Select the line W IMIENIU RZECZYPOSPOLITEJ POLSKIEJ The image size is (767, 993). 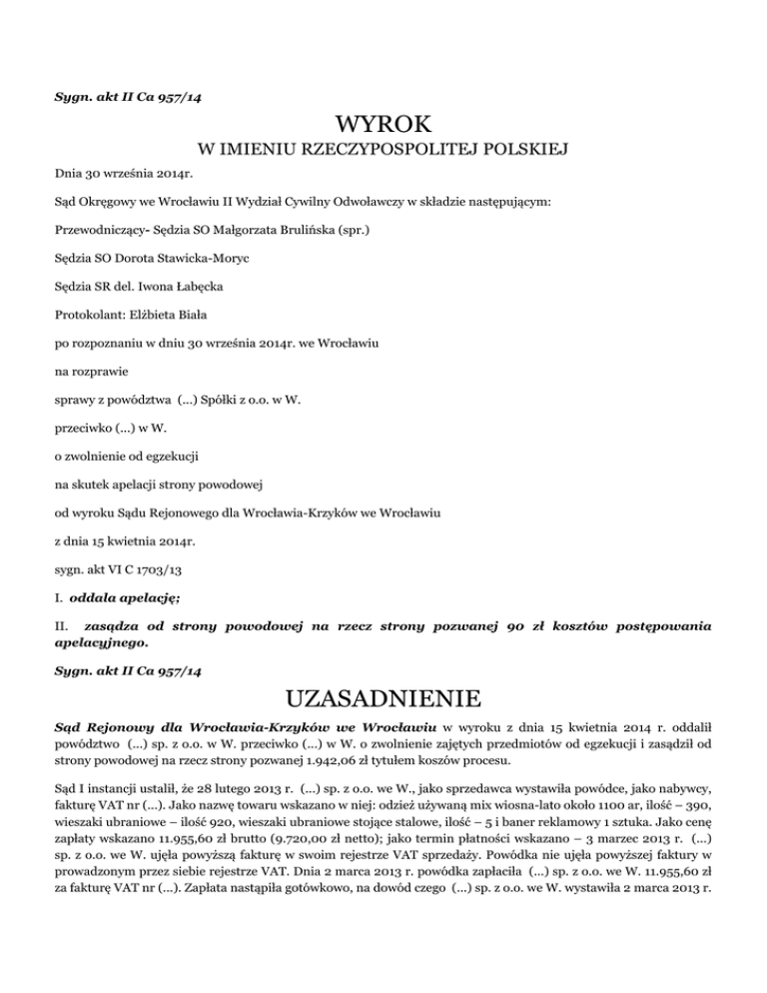[383, 151]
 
